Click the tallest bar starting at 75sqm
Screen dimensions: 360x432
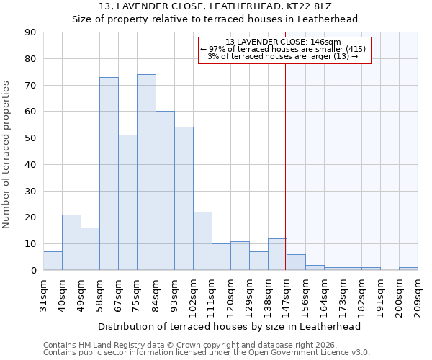[146, 173]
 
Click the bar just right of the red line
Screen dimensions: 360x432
[296, 263]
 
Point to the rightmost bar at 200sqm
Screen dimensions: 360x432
[408, 269]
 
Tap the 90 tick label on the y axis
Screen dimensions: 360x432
[31, 32]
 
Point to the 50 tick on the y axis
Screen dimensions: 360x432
[31, 138]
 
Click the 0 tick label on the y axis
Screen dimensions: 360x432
[34, 270]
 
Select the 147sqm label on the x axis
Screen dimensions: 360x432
[287, 294]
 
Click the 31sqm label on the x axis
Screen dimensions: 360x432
[43, 294]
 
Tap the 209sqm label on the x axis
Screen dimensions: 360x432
[418, 294]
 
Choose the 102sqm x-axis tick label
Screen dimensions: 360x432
[193, 294]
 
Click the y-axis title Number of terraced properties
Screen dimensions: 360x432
[7, 155]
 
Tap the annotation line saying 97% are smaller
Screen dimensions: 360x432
[284, 49]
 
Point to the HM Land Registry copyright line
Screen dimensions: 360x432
[187, 345]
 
